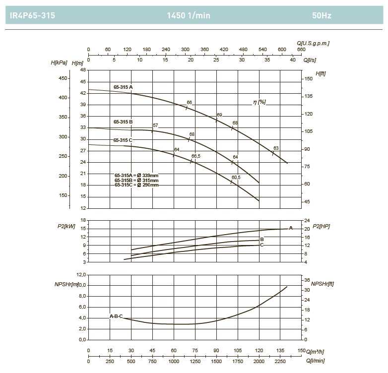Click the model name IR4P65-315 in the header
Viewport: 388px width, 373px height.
(32, 15)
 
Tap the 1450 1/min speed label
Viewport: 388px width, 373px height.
(189, 15)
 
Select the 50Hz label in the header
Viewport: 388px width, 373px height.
(322, 15)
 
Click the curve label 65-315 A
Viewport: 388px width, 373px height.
(123, 87)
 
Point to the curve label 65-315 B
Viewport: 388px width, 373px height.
(123, 122)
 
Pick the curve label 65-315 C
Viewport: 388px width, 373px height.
(123, 140)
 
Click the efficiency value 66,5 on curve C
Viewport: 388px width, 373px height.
(196, 156)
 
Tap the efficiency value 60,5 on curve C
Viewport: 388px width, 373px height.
(236, 177)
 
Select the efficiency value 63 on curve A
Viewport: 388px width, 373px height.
(276, 148)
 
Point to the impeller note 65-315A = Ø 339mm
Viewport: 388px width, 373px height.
(136, 175)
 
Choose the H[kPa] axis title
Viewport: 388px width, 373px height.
(59, 63)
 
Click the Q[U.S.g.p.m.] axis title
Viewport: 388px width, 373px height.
(313, 43)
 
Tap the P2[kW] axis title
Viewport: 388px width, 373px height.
(66, 226)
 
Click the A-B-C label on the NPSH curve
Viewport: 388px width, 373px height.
(116, 316)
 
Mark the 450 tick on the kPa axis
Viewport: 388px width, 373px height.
(64, 78)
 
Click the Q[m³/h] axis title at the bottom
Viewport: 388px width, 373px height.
(316, 352)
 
